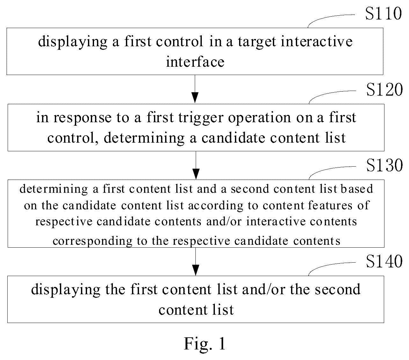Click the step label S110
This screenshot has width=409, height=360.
pos(383,13)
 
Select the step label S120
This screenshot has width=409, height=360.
pos(384,90)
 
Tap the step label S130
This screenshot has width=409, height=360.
pos(384,165)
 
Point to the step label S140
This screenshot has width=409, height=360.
pos(384,261)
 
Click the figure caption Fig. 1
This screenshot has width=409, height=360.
pos(205,343)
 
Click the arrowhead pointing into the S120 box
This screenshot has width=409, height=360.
pos(195,98)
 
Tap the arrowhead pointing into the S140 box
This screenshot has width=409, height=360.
pos(195,270)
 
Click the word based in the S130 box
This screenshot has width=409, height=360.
pos(357,189)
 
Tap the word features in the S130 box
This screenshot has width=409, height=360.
pos(330,205)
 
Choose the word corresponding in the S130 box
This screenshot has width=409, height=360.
pos(92,241)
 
